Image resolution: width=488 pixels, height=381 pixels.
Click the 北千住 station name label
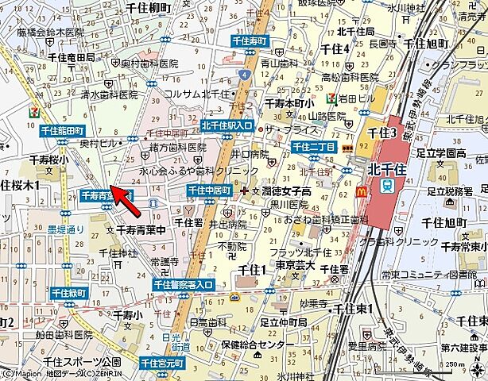389,168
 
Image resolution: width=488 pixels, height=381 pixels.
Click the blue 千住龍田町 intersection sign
61,130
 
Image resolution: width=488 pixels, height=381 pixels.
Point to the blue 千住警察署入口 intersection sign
184,284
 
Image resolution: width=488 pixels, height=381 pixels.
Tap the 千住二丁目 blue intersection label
312,147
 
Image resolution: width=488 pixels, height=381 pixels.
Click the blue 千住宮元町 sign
161,364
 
